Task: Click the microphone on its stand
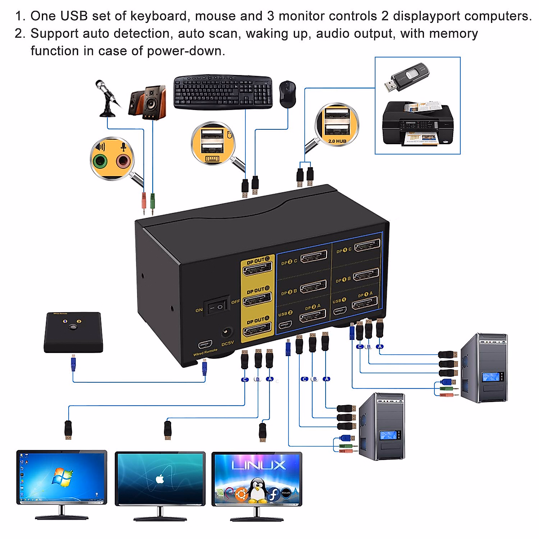(107, 97)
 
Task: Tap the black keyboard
(223, 92)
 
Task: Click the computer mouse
(287, 94)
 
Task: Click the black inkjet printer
(418, 124)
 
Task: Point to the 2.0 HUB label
(337, 141)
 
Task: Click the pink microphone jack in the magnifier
(123, 160)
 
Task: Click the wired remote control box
(74, 332)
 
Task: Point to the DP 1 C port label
(344, 250)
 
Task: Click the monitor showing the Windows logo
(62, 478)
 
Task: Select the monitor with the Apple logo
(160, 479)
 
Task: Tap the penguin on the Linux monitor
(257, 490)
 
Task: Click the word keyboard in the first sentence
(159, 16)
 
